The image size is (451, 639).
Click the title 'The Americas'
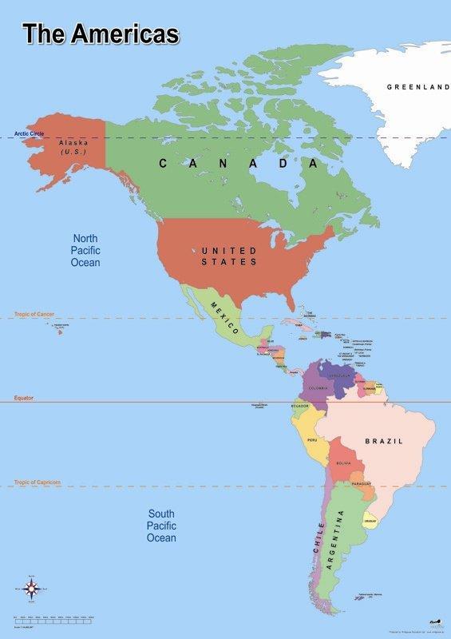coord(101,34)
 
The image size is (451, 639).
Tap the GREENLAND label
coord(417,86)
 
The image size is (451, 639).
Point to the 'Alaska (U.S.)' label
coord(73,147)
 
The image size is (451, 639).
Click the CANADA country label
coord(239,164)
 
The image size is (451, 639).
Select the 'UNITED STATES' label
coord(229,256)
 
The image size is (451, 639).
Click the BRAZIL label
coord(384,441)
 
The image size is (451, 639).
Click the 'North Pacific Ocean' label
coord(85,250)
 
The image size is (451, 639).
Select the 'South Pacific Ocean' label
coord(161,526)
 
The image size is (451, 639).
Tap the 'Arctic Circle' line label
coord(29,133)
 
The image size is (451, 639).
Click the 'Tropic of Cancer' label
coord(34,314)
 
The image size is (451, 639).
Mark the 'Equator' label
coord(23,397)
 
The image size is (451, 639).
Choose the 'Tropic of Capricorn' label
coord(37,482)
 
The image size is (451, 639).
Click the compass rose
coord(32,589)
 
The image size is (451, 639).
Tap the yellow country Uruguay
coord(370,521)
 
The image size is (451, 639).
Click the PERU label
coord(312,440)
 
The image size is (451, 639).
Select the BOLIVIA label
coord(344,463)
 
